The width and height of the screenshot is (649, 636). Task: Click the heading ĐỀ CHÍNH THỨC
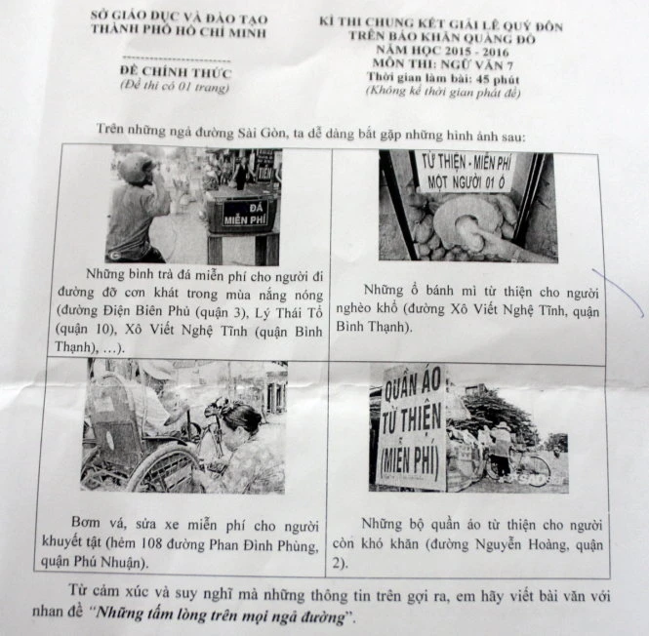pyautogui.click(x=176, y=72)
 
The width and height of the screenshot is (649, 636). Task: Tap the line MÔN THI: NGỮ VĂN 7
pyautogui.click(x=443, y=64)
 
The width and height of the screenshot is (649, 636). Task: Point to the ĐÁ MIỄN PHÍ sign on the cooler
pyautogui.click(x=245, y=214)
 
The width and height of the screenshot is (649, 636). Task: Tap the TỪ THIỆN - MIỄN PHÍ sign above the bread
pyautogui.click(x=466, y=172)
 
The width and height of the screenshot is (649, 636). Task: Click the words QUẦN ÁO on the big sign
pyautogui.click(x=412, y=385)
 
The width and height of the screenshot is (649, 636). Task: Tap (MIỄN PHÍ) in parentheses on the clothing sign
pyautogui.click(x=410, y=464)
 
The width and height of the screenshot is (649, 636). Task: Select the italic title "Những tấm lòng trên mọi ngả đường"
pyautogui.click(x=220, y=615)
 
